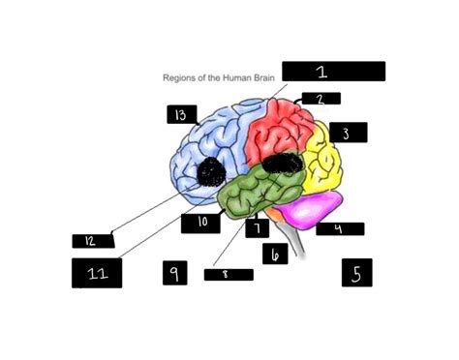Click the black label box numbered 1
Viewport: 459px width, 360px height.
(333, 72)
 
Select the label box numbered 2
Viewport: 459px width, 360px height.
(321, 99)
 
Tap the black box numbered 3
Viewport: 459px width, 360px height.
(349, 133)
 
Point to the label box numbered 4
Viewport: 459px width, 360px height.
(340, 228)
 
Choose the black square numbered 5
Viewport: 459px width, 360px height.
(357, 273)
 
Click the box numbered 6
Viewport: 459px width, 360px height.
(275, 254)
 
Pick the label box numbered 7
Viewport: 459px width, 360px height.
(258, 228)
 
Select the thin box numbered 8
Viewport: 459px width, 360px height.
(229, 275)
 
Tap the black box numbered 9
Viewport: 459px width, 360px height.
(175, 273)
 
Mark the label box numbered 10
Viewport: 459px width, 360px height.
(200, 224)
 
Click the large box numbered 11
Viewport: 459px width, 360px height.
(97, 273)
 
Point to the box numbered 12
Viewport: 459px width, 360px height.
(93, 241)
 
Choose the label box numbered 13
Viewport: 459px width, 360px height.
(182, 114)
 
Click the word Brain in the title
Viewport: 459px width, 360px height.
(262, 77)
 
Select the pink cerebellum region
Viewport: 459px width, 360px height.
(307, 210)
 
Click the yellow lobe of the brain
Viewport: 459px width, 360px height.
(322, 158)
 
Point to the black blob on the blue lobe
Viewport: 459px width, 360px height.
(211, 171)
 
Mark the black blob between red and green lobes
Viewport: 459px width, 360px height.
(282, 164)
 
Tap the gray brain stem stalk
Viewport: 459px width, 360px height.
(295, 240)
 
